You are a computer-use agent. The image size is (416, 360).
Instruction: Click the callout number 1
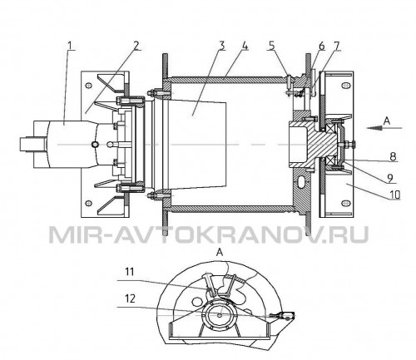[72, 46]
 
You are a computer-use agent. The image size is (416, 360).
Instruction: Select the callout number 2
[136, 46]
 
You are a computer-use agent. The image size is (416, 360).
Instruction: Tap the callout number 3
[221, 46]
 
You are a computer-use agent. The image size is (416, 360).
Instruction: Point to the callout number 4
[245, 46]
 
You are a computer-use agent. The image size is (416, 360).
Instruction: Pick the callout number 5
[272, 46]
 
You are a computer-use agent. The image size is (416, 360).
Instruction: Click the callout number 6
[322, 46]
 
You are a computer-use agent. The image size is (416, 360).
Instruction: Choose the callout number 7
[336, 46]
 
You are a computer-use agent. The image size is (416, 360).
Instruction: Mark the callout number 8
[393, 156]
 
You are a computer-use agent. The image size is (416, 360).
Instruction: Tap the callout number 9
[390, 178]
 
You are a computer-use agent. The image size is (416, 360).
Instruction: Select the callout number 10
[394, 195]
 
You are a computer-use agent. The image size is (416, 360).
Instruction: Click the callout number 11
[130, 272]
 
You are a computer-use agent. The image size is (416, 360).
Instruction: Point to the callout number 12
[130, 298]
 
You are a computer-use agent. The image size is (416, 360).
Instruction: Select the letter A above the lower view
[220, 253]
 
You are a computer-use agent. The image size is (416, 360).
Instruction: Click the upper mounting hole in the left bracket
[88, 86]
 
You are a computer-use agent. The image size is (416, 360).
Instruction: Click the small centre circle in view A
[220, 315]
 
